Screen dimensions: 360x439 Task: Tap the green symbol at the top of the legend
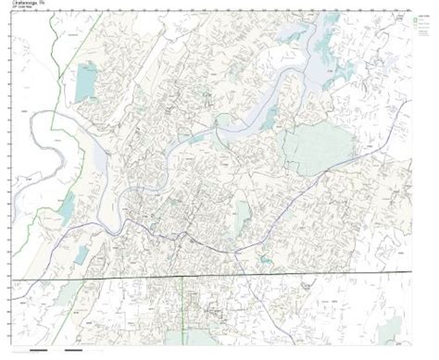click(x=410, y=20)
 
